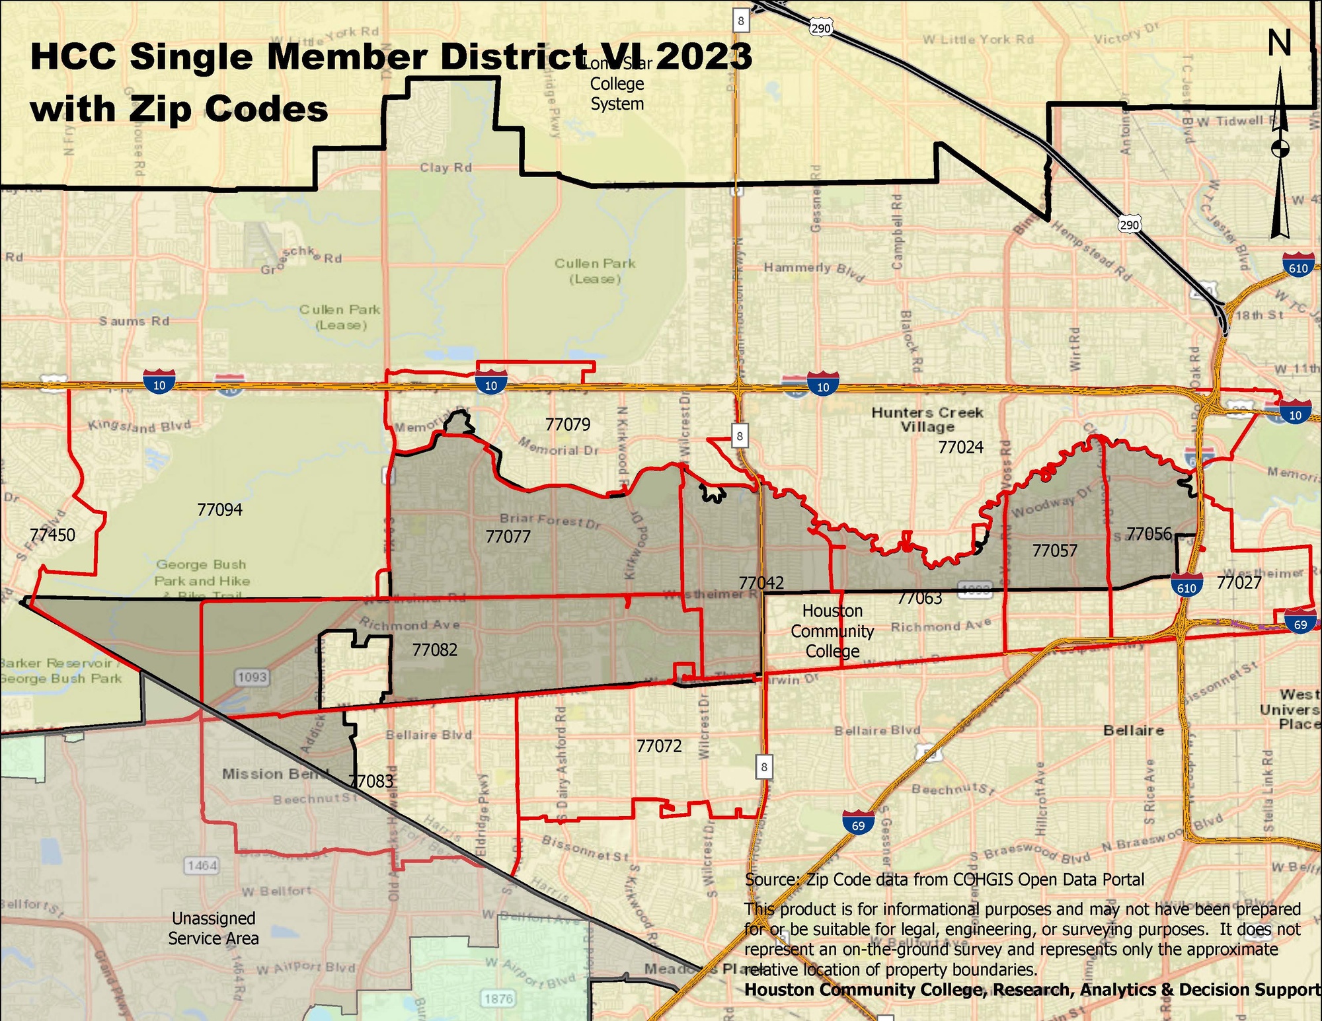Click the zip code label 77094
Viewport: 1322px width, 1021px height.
pyautogui.click(x=219, y=510)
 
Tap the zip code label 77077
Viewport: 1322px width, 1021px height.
pyautogui.click(x=508, y=537)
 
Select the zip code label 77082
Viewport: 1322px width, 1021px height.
pyautogui.click(x=434, y=650)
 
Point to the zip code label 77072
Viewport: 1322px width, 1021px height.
pyautogui.click(x=658, y=746)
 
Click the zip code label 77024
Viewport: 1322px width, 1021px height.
pyautogui.click(x=960, y=447)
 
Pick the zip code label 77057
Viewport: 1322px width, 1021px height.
pyautogui.click(x=1054, y=550)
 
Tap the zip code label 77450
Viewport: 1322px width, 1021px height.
pyautogui.click(x=52, y=535)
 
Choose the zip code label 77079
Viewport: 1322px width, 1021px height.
pyautogui.click(x=567, y=424)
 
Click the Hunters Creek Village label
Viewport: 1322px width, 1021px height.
pyautogui.click(x=927, y=419)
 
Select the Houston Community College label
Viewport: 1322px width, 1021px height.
pyautogui.click(x=832, y=631)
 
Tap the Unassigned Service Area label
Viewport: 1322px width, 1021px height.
pyautogui.click(x=214, y=928)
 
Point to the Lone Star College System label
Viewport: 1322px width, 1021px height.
pyautogui.click(x=617, y=85)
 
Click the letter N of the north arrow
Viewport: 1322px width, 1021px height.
pyautogui.click(x=1279, y=44)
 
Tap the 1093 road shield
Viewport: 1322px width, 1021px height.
pyautogui.click(x=252, y=677)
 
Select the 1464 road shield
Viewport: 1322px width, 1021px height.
pyautogui.click(x=202, y=865)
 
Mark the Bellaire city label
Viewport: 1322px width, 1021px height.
pyautogui.click(x=1133, y=730)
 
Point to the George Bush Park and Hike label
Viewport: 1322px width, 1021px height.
pyautogui.click(x=202, y=573)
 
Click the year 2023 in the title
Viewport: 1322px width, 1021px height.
pyautogui.click(x=704, y=56)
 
